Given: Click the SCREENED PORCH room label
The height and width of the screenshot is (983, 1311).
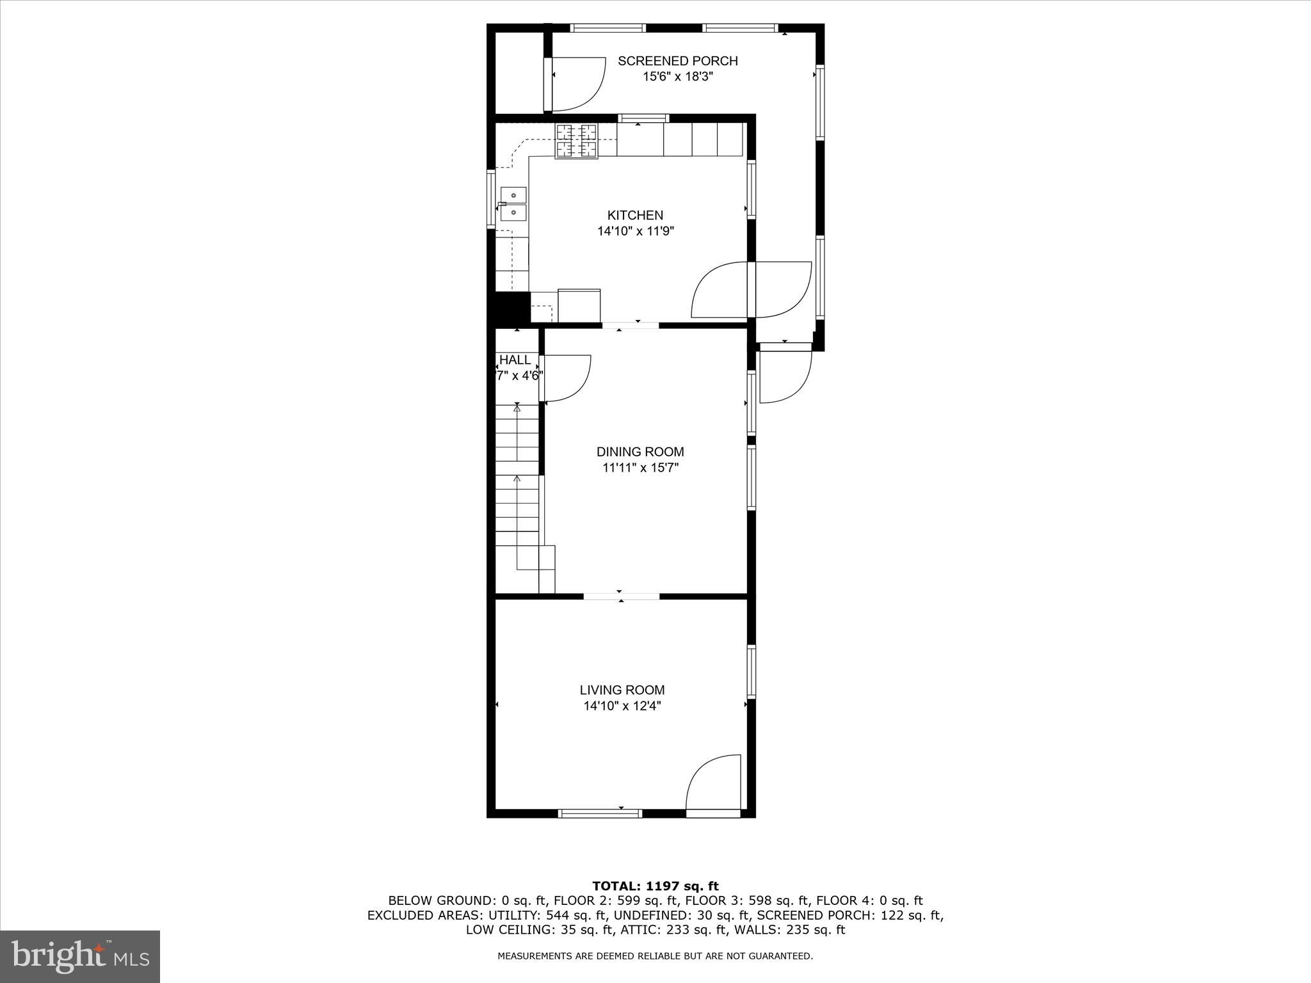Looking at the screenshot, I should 677,61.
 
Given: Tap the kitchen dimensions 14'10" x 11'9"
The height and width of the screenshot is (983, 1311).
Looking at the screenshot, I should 635,231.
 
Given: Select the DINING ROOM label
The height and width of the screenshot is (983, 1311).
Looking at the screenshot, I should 640,452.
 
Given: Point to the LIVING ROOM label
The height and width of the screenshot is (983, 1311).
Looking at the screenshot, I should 622,690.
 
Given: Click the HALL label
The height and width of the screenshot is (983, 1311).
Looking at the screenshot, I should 515,360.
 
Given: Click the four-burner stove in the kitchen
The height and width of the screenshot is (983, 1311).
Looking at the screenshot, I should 576,141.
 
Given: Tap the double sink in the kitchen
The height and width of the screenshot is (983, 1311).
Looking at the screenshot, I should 513,203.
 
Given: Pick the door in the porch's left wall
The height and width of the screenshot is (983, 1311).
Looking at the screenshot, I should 575,83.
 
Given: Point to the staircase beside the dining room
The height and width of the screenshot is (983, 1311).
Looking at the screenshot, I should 517,499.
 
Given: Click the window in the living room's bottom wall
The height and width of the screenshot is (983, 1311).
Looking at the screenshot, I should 600,813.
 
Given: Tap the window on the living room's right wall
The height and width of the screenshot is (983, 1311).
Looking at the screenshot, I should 752,671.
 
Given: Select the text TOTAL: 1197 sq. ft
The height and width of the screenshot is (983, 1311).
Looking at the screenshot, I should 655,886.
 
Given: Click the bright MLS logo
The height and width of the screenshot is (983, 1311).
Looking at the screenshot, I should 80,956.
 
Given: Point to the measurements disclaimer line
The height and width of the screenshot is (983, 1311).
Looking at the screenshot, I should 655,956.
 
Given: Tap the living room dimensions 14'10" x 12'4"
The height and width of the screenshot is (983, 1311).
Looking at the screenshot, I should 622,707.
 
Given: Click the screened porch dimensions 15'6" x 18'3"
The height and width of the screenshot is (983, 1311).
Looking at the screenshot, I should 677,77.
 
